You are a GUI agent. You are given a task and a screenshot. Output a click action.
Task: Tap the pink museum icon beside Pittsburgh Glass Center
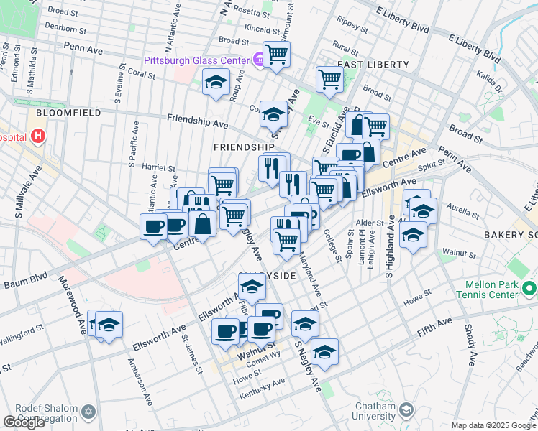pos(257,60)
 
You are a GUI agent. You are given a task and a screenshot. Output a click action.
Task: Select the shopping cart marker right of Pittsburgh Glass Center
pos(276,54)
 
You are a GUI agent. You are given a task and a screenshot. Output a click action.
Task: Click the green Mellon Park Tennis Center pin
pos(530,289)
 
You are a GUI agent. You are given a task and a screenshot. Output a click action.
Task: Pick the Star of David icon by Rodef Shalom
pos(89,412)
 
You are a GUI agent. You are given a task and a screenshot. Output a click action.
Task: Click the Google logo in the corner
pos(24,422)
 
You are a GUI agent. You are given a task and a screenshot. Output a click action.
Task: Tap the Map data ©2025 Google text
pos(493,425)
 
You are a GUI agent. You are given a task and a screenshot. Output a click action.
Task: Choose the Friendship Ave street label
pos(197,121)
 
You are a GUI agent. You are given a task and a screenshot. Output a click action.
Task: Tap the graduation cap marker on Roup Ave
pos(216,83)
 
